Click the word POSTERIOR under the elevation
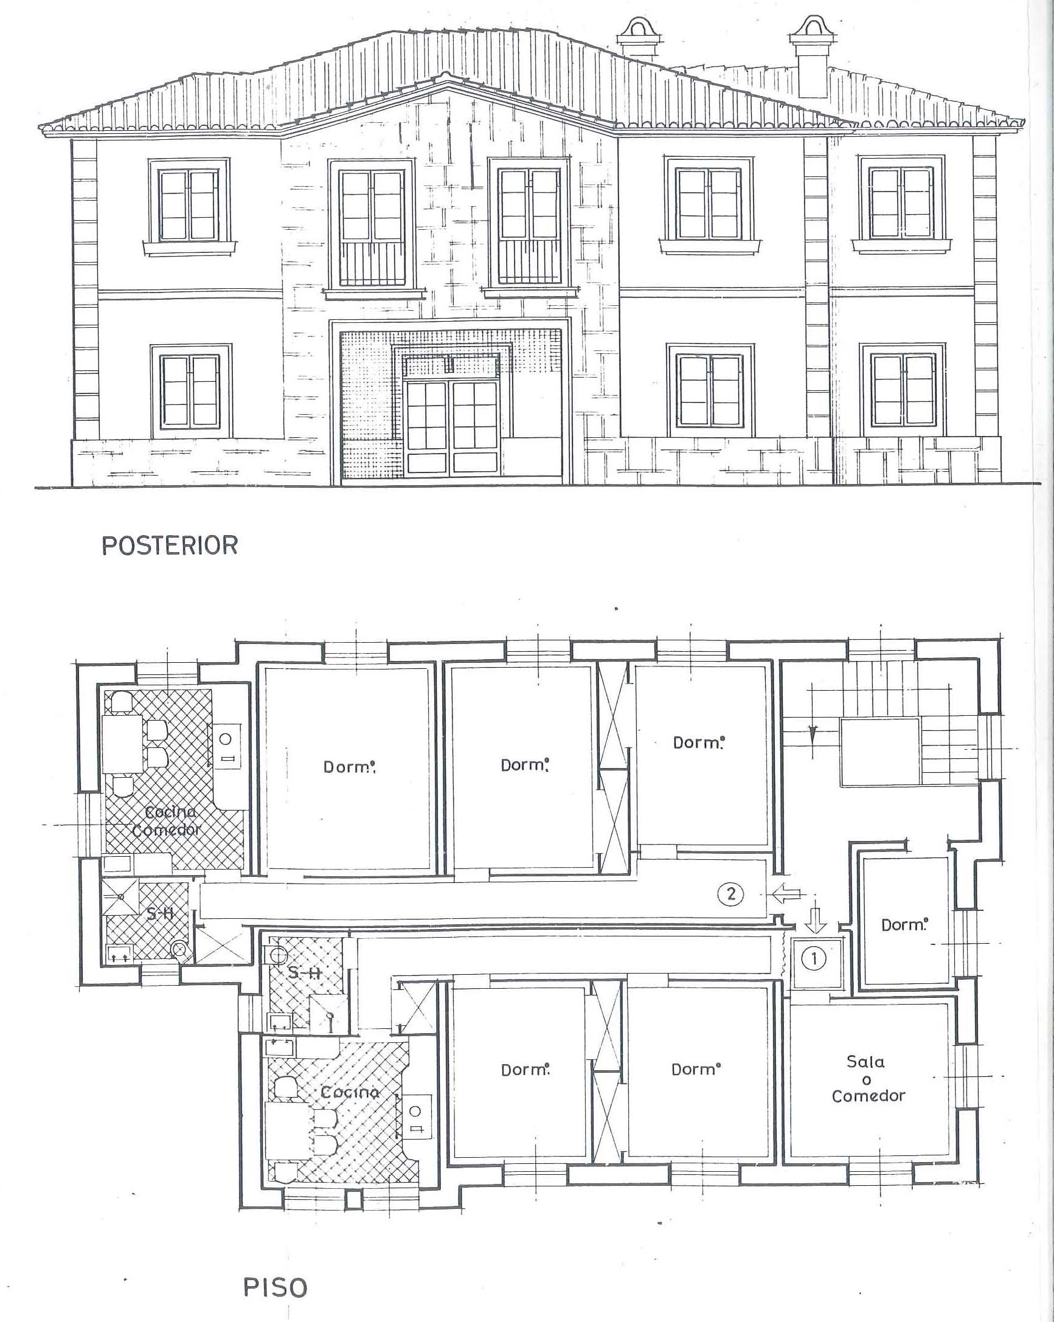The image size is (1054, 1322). [170, 545]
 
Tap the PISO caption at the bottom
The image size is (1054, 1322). [276, 1288]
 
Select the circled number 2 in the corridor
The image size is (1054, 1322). [730, 894]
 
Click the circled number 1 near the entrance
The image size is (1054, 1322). [814, 958]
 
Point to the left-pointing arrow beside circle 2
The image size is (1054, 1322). [786, 895]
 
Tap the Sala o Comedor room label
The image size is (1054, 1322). [868, 1079]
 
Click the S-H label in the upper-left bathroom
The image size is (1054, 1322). [160, 914]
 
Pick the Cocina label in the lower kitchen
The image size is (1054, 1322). [350, 1092]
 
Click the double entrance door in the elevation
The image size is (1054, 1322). [451, 427]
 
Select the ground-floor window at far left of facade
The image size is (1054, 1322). [190, 390]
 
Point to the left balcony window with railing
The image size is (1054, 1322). [372, 227]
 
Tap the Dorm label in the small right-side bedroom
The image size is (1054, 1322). [904, 925]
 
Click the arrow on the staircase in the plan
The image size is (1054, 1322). [813, 733]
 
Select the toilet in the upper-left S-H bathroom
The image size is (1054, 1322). [179, 949]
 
